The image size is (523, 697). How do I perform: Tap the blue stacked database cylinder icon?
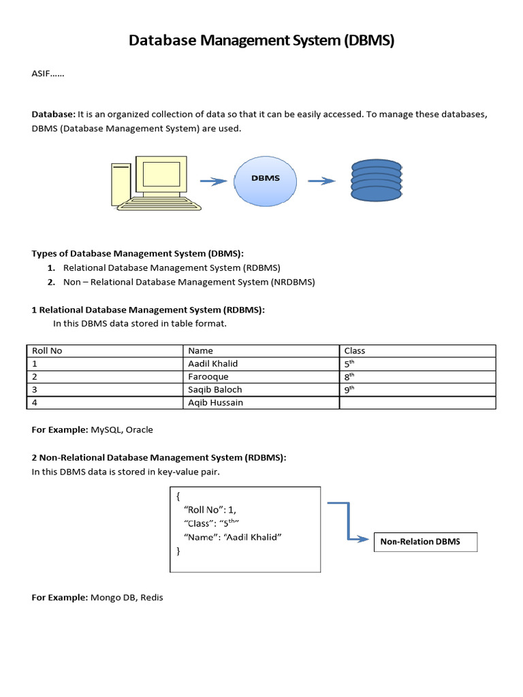376,181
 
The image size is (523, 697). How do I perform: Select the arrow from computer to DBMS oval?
213,181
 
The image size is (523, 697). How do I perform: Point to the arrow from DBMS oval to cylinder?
321,180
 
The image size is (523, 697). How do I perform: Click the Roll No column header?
48,351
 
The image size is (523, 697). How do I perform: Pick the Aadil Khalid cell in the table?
213,363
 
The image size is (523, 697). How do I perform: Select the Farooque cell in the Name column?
208,376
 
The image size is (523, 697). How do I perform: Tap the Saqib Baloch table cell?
215,389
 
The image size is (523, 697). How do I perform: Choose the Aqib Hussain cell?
215,402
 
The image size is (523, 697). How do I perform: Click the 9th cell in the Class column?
350,389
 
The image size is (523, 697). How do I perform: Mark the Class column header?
355,351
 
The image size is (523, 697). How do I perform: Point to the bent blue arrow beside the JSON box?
349,521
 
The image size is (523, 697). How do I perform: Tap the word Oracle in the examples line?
140,429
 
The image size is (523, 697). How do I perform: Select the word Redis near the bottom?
152,598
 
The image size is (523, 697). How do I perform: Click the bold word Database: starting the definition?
54,114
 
